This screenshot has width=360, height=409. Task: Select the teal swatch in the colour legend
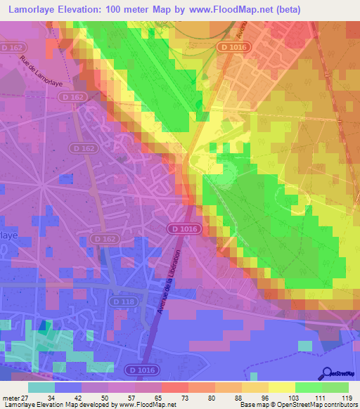click(41, 387)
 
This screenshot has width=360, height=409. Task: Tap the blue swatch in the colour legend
click(68, 387)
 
